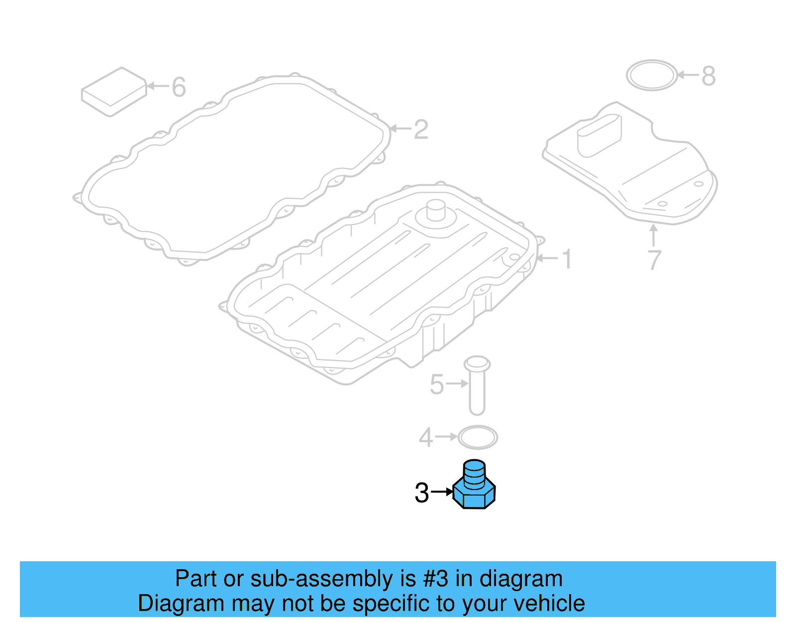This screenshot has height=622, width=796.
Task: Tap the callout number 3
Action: click(x=421, y=493)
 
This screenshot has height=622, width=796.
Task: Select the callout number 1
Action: click(x=567, y=259)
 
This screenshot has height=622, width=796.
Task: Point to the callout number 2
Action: click(x=421, y=130)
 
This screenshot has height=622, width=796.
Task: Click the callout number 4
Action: click(x=426, y=438)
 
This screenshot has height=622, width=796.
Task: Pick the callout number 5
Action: click(x=436, y=384)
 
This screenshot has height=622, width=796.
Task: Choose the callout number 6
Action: click(x=179, y=87)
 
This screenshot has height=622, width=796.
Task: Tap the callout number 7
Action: click(x=654, y=260)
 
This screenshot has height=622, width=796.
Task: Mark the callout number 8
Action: click(x=708, y=76)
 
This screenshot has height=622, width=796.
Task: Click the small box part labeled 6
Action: click(x=114, y=92)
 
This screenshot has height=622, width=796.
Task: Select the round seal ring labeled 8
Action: click(x=651, y=76)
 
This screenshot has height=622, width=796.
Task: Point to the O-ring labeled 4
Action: click(x=477, y=438)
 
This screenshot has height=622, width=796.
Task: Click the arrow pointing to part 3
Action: click(x=442, y=492)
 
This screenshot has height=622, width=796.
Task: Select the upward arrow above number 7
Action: click(x=654, y=235)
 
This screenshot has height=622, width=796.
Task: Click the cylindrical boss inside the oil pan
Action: click(x=436, y=211)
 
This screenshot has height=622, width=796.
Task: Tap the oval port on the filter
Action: click(x=599, y=134)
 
